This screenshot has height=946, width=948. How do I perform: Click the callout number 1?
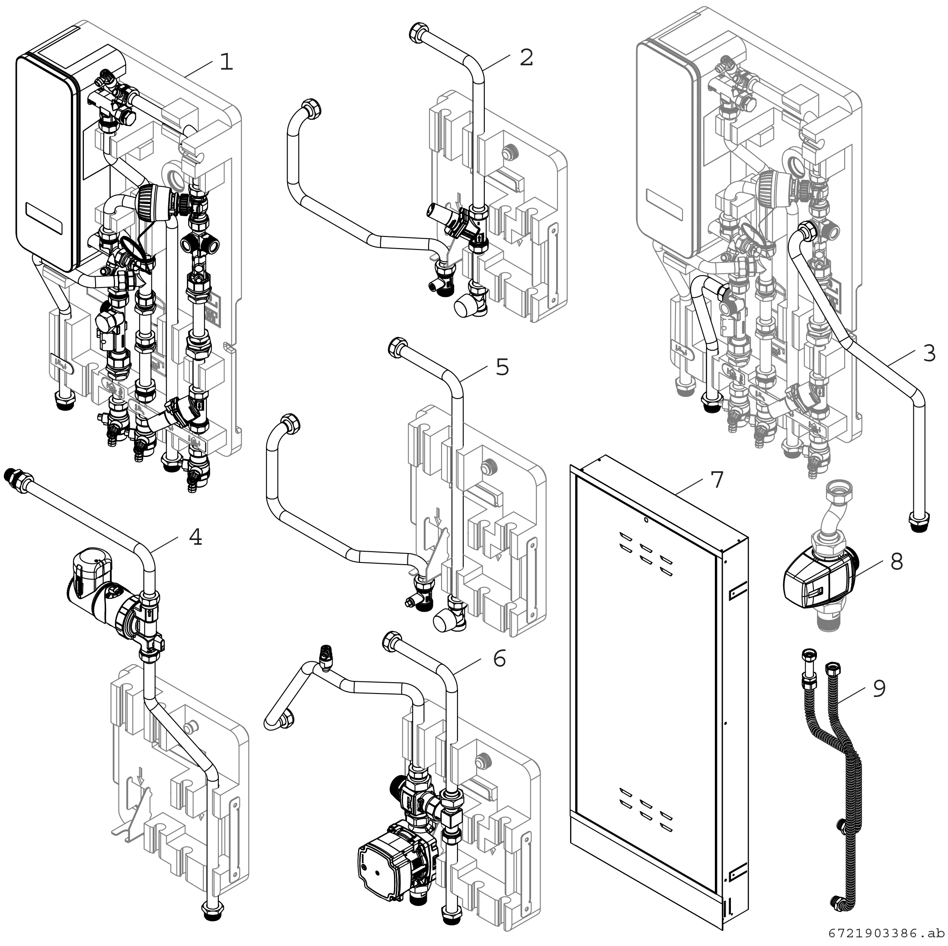click(x=226, y=62)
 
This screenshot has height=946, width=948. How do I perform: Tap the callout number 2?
click(x=526, y=58)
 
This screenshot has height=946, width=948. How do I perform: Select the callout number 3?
click(x=929, y=353)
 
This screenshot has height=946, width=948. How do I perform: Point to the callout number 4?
click(x=195, y=537)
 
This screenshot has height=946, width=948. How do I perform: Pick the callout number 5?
click(x=502, y=367)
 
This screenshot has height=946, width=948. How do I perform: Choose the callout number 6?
click(x=499, y=658)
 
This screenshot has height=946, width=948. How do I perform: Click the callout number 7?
click(x=717, y=480)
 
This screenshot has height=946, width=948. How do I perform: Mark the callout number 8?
click(x=897, y=562)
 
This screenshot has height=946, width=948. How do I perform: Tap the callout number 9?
click(x=879, y=688)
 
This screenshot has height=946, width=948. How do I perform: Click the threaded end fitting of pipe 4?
click(x=11, y=475)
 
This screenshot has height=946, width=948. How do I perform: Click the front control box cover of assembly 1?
click(x=47, y=162)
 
